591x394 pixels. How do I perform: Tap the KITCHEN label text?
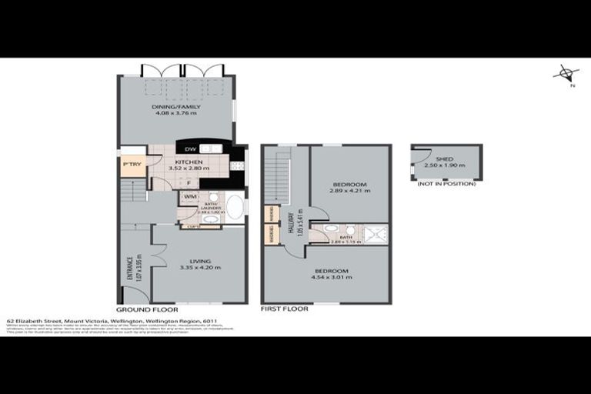pyautogui.click(x=189, y=162)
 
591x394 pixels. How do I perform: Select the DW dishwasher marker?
pyautogui.click(x=189, y=149)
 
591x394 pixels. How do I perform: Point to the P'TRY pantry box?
pyautogui.click(x=132, y=164)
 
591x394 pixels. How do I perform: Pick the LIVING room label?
pyautogui.click(x=199, y=261)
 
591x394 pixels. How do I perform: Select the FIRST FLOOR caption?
pyautogui.click(x=285, y=309)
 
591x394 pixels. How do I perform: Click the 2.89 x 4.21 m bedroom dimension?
pyautogui.click(x=349, y=192)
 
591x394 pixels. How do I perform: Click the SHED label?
pyautogui.click(x=445, y=159)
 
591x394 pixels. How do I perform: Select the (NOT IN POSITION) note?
pyautogui.click(x=446, y=184)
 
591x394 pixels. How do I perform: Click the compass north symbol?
pyautogui.click(x=566, y=75)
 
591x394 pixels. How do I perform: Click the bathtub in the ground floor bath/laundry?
pyautogui.click(x=235, y=209)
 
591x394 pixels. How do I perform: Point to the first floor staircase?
pyautogui.click(x=277, y=173)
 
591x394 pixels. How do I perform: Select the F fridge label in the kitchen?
pyautogui.click(x=189, y=183)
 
